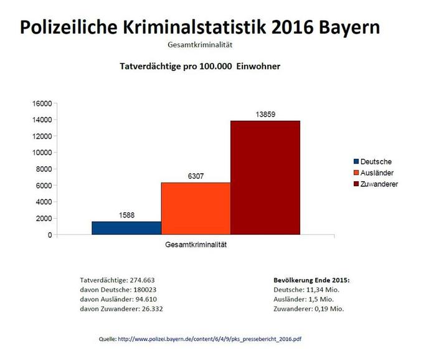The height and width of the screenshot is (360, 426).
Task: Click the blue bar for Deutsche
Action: click(126, 228)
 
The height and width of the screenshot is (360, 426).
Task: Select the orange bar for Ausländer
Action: click(196, 209)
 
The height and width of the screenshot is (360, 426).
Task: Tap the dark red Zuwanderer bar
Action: click(265, 178)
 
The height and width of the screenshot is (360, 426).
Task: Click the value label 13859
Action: click(265, 114)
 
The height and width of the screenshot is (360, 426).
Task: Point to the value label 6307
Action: click(196, 176)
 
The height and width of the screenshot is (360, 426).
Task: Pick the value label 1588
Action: click(126, 216)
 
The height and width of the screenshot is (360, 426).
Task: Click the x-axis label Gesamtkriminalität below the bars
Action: click(196, 245)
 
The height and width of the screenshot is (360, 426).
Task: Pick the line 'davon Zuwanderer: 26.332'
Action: click(122, 308)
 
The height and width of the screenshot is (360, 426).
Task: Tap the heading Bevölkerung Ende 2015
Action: click(311, 280)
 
